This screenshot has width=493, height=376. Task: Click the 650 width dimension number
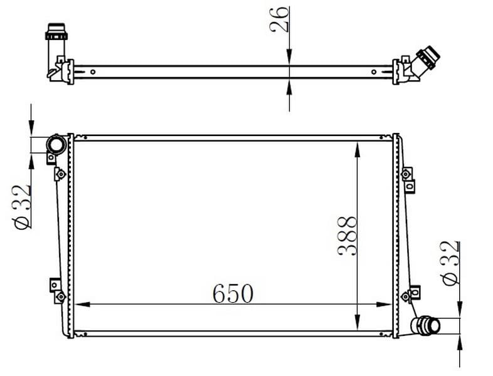[233, 293]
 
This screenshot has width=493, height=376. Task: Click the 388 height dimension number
[347, 236]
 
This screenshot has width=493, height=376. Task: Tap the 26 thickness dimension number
[279, 19]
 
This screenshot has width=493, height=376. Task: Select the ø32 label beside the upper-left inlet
[21, 207]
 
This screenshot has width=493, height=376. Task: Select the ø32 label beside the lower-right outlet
[450, 263]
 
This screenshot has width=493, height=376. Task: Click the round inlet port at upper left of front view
[56, 145]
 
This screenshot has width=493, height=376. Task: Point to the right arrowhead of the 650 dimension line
[384, 305]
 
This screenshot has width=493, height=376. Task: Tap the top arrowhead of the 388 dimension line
[357, 150]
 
